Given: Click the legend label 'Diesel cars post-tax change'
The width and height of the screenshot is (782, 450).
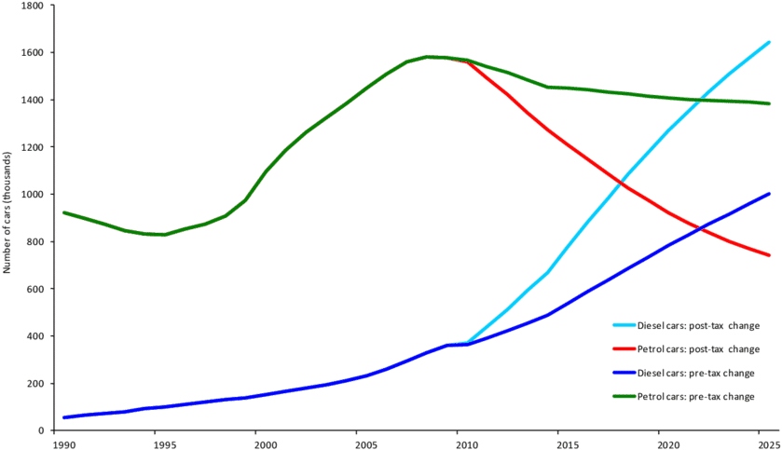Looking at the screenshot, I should [698, 326].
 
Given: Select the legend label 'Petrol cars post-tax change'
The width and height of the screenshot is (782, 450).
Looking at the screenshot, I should [698, 349].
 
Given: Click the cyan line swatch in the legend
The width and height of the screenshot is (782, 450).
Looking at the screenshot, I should [623, 326].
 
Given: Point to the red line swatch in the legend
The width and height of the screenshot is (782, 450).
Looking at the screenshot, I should [623, 349].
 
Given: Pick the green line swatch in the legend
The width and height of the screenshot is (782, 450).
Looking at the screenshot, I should [623, 396].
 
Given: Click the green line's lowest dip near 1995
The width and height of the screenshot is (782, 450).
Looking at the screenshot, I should [162, 235].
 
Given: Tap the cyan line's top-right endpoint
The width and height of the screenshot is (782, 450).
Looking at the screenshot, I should [769, 42].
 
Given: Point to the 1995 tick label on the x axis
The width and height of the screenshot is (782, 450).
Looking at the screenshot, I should [162, 444].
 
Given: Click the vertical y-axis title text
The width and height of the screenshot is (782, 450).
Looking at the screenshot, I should [7, 213].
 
